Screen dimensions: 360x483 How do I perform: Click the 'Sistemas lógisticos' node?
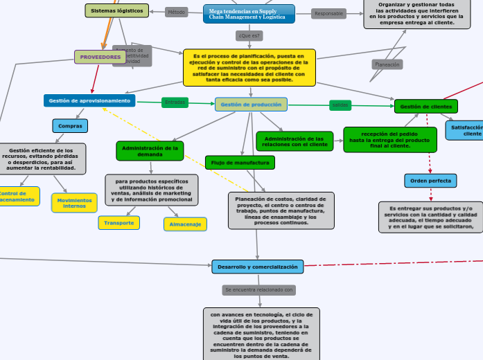pos(116,10)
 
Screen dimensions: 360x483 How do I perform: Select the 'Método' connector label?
pos(177,12)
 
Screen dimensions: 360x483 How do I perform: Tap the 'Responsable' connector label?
pos(329,13)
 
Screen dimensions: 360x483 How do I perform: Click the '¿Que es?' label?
pos(249,35)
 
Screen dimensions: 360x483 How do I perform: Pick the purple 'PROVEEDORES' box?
pos(100,57)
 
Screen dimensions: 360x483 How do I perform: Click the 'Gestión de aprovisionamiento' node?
pos(90,100)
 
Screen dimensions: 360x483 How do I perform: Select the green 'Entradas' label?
pos(175,102)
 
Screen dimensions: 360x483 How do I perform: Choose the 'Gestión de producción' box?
pos(251,105)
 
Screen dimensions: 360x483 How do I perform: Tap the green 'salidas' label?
pos(340,105)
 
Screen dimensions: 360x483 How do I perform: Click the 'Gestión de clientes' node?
pos(426,107)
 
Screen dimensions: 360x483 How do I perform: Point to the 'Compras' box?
pos(70,126)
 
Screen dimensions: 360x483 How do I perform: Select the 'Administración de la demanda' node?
pos(150,150)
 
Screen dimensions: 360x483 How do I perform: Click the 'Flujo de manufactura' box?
pos(240,163)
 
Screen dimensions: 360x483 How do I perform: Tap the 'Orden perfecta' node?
pos(430,181)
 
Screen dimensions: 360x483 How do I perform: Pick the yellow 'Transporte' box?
pos(119,223)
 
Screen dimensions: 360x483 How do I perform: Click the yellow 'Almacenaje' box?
pos(185,224)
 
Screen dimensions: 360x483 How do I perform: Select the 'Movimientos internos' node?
pos(74,203)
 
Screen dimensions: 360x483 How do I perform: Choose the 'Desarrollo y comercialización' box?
pos(258,267)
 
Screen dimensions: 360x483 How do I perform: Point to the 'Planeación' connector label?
pos(387,64)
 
